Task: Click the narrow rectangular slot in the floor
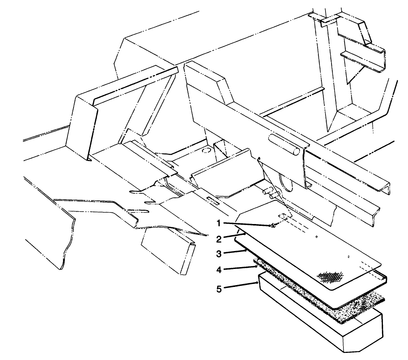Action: click(213, 200)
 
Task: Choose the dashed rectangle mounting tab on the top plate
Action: click(285, 217)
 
